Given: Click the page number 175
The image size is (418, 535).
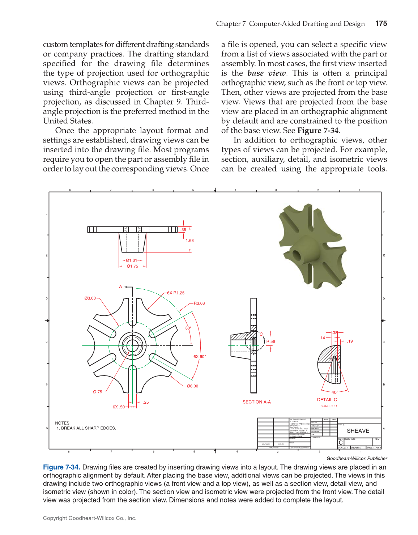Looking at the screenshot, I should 381,24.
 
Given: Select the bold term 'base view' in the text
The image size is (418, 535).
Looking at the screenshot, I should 267,73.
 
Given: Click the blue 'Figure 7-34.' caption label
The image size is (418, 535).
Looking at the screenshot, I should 61,467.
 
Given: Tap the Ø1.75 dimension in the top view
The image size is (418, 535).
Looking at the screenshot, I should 132,266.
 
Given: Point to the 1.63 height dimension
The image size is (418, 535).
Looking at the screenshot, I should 190,241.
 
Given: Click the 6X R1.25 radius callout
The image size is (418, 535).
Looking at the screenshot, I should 176,293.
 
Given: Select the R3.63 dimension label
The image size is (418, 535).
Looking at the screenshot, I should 199,303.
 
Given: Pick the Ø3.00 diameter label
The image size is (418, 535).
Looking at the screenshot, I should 90,298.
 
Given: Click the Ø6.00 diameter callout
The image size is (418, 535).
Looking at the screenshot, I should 192,386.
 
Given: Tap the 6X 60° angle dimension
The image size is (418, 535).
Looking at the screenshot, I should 200,357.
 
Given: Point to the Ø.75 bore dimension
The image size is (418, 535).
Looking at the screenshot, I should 97,392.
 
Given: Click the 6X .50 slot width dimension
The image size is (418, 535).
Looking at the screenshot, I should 119,407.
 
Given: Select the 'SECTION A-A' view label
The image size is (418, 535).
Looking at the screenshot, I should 257,402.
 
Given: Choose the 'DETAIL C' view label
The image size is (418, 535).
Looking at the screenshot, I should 327,400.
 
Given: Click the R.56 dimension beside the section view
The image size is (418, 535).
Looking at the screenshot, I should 271,341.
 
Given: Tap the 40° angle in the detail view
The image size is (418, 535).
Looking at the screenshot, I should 335,392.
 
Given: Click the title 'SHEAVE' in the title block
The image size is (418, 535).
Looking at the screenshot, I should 358,431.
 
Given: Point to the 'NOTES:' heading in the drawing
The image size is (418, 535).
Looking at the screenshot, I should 63,423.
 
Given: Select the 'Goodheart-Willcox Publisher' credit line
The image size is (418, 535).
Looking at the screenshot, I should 357,459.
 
